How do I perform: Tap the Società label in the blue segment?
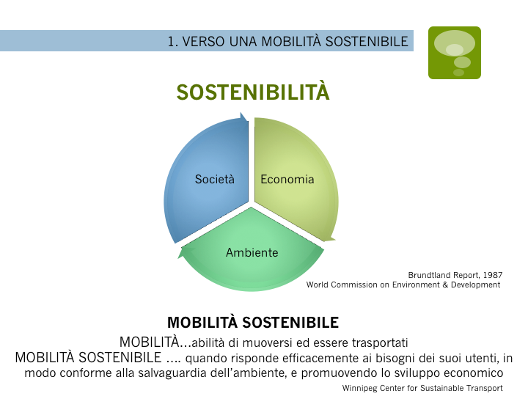coord(214,179)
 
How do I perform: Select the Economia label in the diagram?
coord(287,179)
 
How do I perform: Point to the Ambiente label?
coord(252,252)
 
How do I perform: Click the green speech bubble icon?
coord(455,53)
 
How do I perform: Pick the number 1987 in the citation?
coord(493,275)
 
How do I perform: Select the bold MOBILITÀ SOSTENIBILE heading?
coord(253,322)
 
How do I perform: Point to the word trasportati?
coord(380,342)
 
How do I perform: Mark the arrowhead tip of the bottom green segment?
coord(178,257)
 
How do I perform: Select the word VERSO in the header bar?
coord(203,42)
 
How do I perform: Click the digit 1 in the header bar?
coord(171,42)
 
